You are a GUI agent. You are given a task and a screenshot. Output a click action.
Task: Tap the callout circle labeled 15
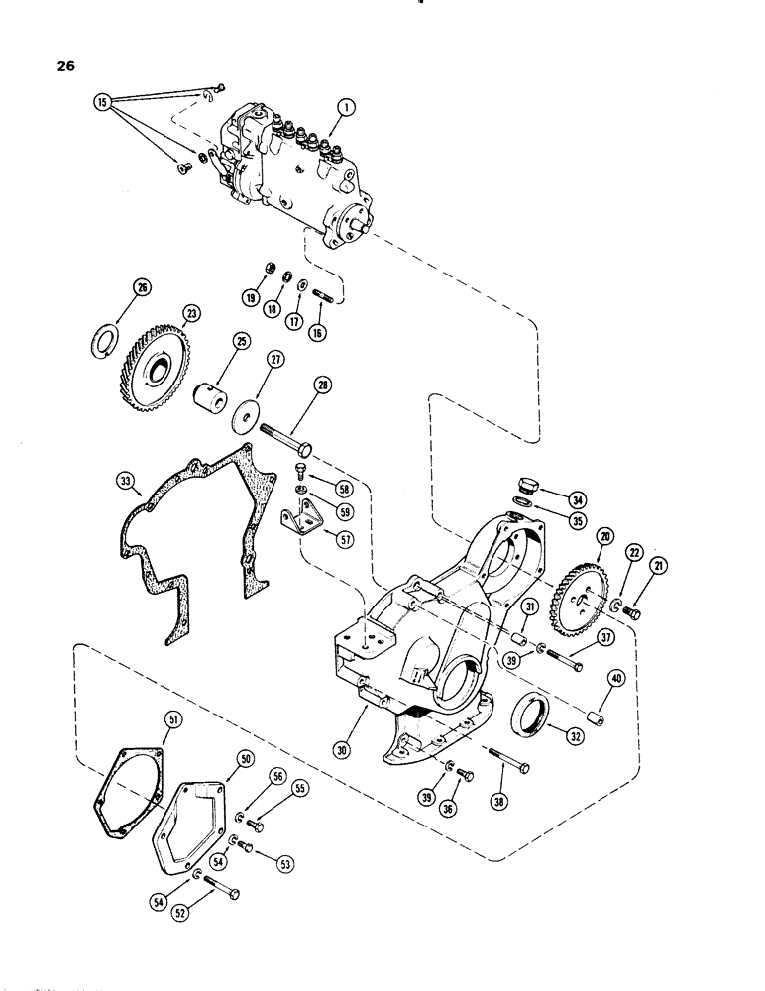click(101, 101)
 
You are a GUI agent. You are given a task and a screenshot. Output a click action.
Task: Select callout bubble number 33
click(125, 481)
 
